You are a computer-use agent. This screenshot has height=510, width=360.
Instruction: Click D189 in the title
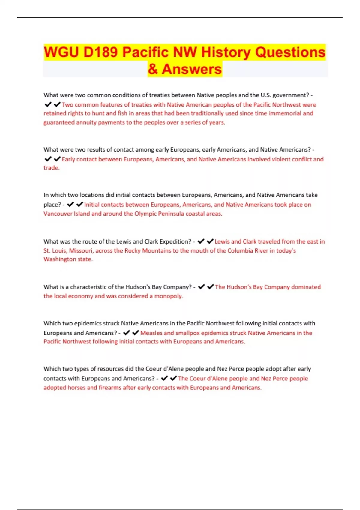click(x=100, y=52)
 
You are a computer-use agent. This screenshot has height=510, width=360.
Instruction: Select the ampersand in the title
click(x=153, y=69)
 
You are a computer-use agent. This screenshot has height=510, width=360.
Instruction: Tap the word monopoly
click(x=168, y=296)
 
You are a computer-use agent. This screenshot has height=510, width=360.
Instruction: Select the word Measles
click(x=151, y=333)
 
